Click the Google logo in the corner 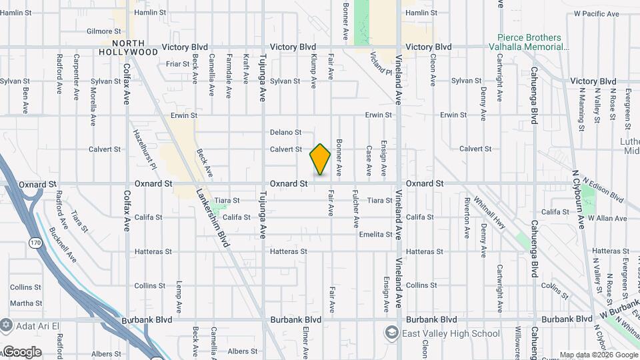[22, 352]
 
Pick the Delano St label [286, 133]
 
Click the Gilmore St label [103, 31]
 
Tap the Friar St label [178, 64]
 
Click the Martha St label [26, 303]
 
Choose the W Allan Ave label [607, 218]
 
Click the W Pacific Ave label [596, 13]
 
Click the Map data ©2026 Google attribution [597, 355]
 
